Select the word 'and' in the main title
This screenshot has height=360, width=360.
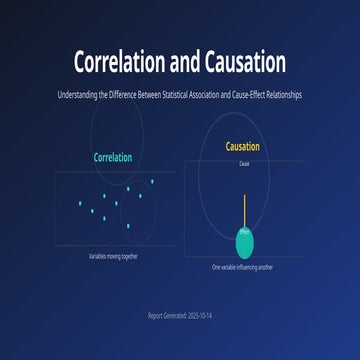[x=182, y=63]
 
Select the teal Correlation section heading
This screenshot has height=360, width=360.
[x=112, y=158]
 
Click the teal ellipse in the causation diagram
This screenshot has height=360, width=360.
[x=245, y=241]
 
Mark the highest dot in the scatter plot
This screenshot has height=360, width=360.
[x=152, y=181]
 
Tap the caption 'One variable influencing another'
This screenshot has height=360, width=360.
[x=244, y=267]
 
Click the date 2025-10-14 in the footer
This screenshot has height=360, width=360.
[x=198, y=315]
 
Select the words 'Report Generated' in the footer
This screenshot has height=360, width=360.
[x=165, y=315]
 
